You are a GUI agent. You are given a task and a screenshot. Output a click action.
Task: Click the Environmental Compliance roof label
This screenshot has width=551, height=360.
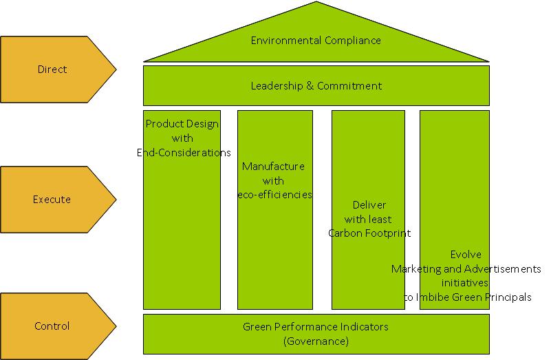click(316, 41)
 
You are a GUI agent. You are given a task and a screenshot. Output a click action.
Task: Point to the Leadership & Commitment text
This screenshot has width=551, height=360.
click(316, 86)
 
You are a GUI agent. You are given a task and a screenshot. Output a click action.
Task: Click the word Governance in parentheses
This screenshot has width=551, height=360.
click(316, 341)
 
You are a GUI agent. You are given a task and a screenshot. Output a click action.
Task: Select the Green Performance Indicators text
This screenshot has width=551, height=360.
click(316, 327)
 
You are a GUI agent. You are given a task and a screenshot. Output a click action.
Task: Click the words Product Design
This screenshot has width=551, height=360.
click(182, 124)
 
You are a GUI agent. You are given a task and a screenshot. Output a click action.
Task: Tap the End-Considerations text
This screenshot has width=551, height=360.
click(184, 153)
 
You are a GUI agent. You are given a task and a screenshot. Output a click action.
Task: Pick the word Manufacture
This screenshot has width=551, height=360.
click(273, 167)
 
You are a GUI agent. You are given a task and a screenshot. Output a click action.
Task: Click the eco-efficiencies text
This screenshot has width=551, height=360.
click(274, 195)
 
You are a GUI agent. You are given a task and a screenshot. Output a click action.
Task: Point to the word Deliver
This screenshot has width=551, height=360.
click(369, 205)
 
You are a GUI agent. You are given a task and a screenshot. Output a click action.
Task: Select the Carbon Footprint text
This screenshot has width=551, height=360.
click(369, 233)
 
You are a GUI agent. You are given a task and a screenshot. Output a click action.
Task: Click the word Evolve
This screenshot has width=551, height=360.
click(466, 255)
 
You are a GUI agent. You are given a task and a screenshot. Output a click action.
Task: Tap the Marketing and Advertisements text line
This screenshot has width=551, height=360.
click(466, 269)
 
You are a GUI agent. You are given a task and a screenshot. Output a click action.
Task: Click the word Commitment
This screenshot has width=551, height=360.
click(349, 86)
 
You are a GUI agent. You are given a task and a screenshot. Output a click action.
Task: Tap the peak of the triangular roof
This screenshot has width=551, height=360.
click(316, 3)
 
